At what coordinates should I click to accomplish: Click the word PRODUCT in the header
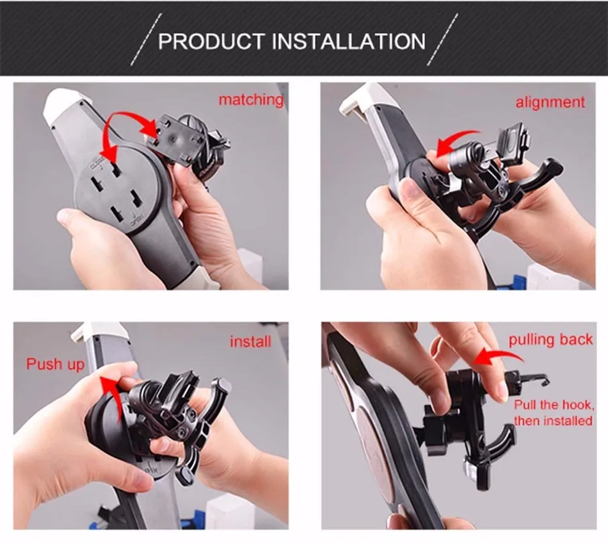(211, 41)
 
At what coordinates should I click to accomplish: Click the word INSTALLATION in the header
(349, 41)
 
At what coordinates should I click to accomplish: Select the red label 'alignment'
(550, 102)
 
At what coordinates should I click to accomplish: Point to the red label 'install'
(250, 341)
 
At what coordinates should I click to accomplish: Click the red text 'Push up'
(55, 364)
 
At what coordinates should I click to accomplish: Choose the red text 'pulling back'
(550, 340)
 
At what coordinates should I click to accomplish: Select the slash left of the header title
(146, 39)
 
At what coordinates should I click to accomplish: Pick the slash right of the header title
(442, 39)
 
